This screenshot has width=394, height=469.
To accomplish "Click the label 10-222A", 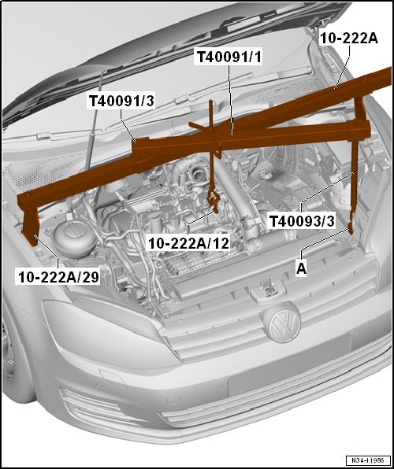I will (x=350, y=37).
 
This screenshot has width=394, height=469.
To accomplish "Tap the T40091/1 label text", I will (x=229, y=57).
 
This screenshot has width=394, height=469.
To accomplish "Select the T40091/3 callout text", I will (x=121, y=101).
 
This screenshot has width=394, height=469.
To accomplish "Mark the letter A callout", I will (x=301, y=267).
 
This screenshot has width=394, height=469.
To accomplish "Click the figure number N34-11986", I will (x=366, y=460).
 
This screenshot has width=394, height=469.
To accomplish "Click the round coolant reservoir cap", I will (x=72, y=234).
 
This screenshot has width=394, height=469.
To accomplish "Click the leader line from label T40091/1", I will (x=229, y=98).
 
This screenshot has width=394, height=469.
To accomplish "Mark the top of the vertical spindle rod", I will (x=211, y=104).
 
